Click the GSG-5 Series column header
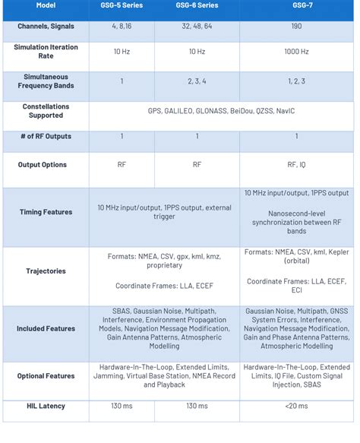(122, 7)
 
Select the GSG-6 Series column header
(197, 7)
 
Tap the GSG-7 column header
(296, 7)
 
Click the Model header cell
(46, 7)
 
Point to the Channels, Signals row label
(46, 26)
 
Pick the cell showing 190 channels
(296, 26)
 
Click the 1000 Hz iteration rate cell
(296, 52)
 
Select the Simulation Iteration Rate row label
(46, 52)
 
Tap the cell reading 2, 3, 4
(197, 81)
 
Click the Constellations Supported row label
(46, 111)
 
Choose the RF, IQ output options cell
(296, 164)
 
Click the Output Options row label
(46, 164)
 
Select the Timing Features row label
(46, 212)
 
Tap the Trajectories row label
(46, 271)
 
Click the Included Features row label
(46, 328)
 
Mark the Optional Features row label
(46, 375)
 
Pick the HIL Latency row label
(46, 407)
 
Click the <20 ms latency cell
(296, 407)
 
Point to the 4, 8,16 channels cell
(122, 26)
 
